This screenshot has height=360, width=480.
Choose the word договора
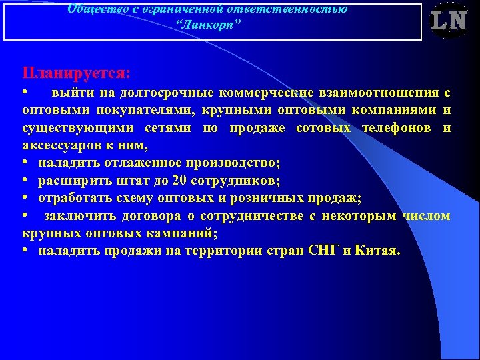coord(173,216)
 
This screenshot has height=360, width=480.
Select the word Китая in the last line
coord(377,251)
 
